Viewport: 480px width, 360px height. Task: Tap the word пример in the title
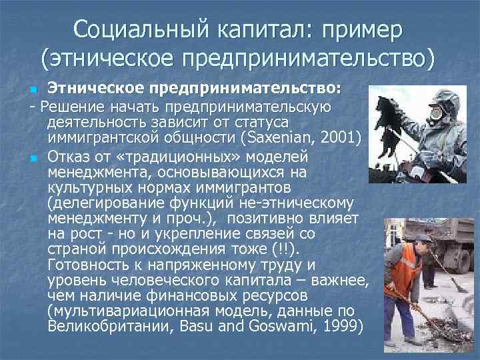tap(364, 29)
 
